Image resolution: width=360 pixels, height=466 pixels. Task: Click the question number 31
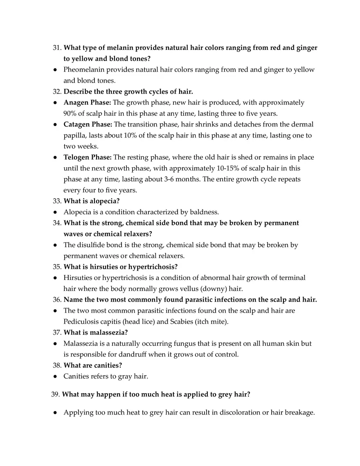(x=57, y=48)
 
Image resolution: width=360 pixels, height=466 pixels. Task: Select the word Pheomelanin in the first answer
(x=83, y=70)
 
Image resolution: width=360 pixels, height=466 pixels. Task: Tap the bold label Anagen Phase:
(x=87, y=102)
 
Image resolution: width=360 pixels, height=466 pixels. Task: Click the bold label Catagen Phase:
(x=88, y=124)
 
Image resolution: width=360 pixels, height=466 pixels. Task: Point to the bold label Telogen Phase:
(x=87, y=157)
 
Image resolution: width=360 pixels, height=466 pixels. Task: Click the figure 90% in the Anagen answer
(x=71, y=113)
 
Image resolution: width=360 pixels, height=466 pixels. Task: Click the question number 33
(x=57, y=201)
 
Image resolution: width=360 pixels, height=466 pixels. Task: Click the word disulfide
(x=90, y=245)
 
